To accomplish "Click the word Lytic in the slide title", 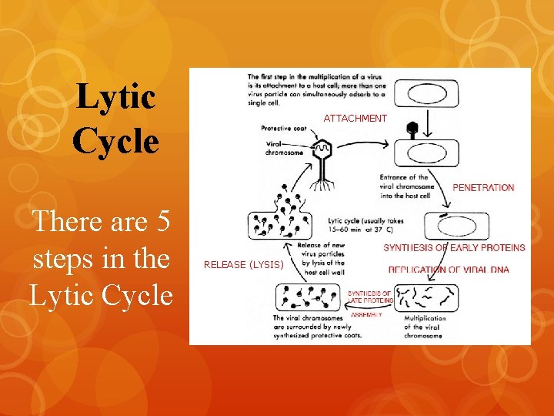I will click(x=116, y=98).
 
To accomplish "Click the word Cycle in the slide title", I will click(x=116, y=141).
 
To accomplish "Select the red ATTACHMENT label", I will click(x=355, y=119).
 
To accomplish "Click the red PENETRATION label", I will click(x=483, y=187).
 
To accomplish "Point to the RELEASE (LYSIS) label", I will click(x=243, y=265).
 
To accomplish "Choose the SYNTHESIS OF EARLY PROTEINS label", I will click(x=454, y=248).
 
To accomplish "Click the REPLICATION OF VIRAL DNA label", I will click(x=449, y=270).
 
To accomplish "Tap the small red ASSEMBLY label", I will click(x=366, y=314).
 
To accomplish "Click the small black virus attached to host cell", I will click(x=412, y=129).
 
